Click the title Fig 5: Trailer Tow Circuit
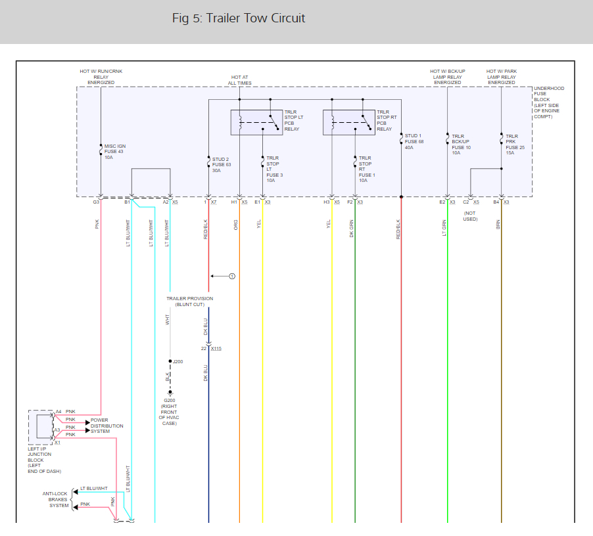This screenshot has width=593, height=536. pyautogui.click(x=239, y=18)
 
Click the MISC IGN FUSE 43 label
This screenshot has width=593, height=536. pyautogui.click(x=114, y=152)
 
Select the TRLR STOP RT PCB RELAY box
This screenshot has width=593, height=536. pyautogui.click(x=348, y=122)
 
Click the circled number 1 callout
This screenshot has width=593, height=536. pyautogui.click(x=231, y=277)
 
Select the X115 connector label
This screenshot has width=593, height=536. pyautogui.click(x=216, y=348)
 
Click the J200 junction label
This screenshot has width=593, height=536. pyautogui.click(x=178, y=362)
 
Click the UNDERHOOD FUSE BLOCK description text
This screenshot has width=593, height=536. pyautogui.click(x=548, y=102)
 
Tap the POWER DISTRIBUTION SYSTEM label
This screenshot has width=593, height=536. pyautogui.click(x=107, y=426)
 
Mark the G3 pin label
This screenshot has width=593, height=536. pyautogui.click(x=96, y=202)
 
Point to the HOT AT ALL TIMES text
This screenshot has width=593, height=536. pyautogui.click(x=241, y=80)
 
